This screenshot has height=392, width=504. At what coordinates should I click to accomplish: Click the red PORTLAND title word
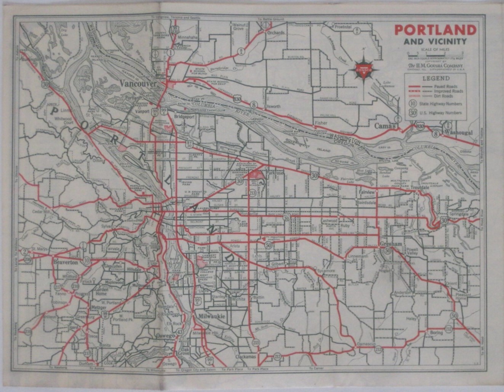435,30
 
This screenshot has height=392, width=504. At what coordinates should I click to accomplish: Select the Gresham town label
391,244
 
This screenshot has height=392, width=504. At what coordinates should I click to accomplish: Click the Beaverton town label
66,262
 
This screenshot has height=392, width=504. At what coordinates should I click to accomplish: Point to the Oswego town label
165,336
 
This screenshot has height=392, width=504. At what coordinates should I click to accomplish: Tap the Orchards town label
275,33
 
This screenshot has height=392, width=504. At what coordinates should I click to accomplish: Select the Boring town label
436,333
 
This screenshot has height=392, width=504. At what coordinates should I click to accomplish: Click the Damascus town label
366,344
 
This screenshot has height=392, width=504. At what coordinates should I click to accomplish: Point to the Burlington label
31,59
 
